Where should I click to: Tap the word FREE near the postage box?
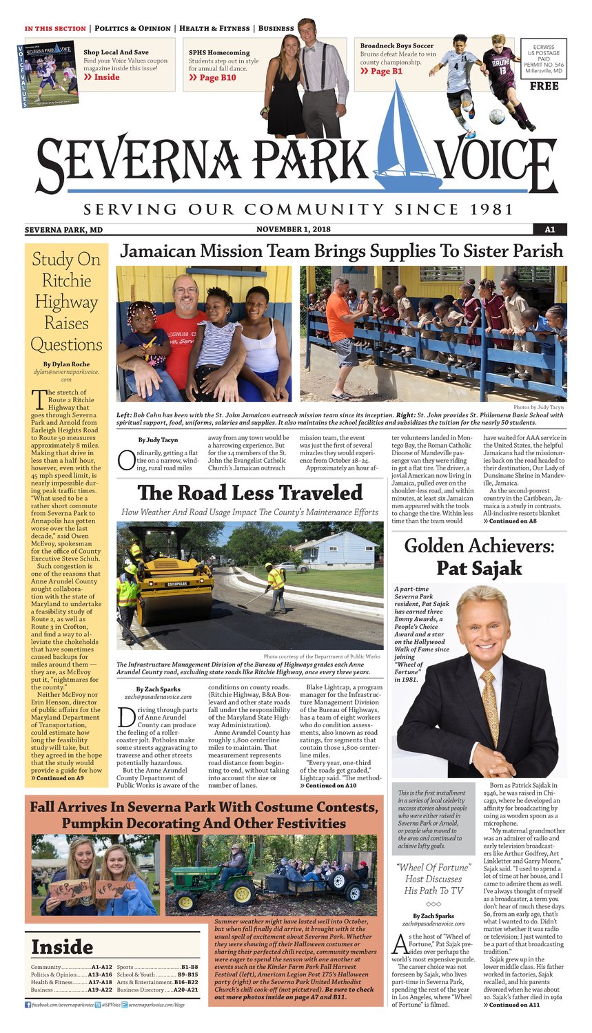tap(544, 86)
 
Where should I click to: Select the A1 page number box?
tap(549, 229)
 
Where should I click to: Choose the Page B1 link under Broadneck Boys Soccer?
tap(386, 71)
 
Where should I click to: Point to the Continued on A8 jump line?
tap(510, 521)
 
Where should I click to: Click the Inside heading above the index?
tap(61, 947)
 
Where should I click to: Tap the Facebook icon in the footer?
tap(28, 1005)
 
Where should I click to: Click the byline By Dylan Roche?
tap(66, 364)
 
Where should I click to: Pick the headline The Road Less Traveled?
tap(249, 492)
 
